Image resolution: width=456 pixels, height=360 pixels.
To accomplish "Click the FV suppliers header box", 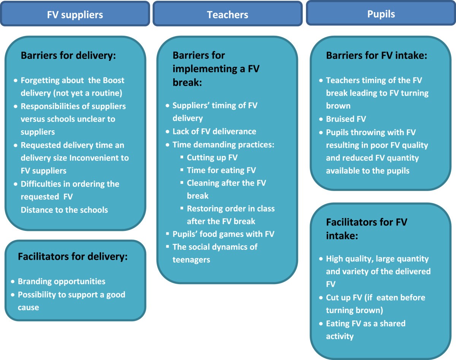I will point(75,14).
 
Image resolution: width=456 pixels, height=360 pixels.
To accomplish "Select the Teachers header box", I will point(227,14).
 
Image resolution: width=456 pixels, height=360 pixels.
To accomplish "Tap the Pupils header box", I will point(381,14).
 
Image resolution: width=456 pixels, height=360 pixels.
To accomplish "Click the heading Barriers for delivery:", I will point(68,55).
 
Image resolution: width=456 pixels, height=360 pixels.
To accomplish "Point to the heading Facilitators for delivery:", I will point(73,257).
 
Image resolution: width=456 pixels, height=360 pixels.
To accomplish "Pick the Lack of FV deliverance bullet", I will point(214,131).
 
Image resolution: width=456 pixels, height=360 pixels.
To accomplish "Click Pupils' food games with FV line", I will point(223,234).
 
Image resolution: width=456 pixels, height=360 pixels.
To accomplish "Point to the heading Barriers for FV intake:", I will point(377,55).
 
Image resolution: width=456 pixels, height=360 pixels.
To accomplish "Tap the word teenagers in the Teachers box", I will point(191,260).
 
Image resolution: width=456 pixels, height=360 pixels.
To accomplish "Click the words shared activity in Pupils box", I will point(340,336).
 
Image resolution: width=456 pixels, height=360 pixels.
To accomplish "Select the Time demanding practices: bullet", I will point(223,144).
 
